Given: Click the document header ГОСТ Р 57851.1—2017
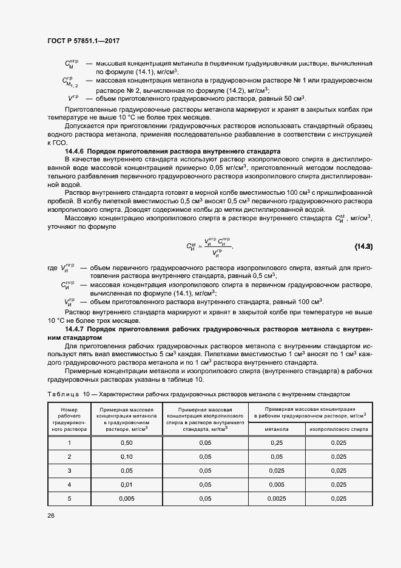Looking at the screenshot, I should coord(83,41).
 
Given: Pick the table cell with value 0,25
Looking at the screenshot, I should coord(276,442).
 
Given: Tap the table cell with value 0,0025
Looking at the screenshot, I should coord(276,498).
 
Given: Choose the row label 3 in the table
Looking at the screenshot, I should coord(69,470).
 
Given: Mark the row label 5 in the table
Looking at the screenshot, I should coord(69,498).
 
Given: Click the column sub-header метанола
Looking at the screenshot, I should coord(276,428).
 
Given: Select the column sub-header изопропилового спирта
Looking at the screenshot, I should coord(339,428).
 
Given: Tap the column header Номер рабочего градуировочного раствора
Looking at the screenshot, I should coord(69,419).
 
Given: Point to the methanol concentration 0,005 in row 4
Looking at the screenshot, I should coord(276,484).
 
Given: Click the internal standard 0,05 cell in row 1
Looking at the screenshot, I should coord(205,442).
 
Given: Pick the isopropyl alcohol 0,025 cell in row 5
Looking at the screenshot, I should coord(339,498).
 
